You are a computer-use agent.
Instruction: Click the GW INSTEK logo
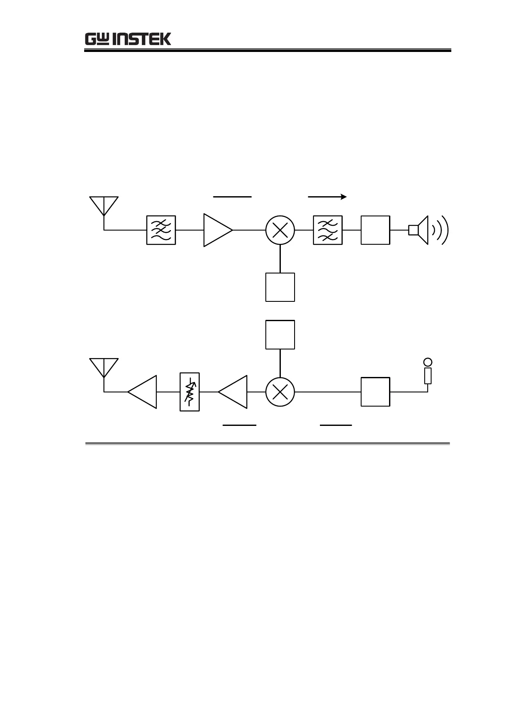(x=128, y=39)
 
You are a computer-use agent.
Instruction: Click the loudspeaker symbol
(x=419, y=230)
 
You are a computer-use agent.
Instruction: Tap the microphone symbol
(x=427, y=372)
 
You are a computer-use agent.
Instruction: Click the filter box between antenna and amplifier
(x=161, y=230)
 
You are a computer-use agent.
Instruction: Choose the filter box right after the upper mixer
(x=328, y=230)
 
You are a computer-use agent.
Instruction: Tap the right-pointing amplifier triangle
(x=217, y=230)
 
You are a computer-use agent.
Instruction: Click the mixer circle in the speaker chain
(x=280, y=230)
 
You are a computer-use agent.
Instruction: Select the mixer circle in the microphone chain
(x=280, y=392)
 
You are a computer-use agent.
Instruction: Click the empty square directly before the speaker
(x=375, y=230)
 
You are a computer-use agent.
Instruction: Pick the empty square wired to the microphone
(x=375, y=392)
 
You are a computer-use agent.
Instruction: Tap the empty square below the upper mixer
(x=280, y=287)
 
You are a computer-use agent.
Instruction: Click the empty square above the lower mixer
(x=280, y=334)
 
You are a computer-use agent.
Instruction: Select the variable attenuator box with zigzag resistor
(x=190, y=392)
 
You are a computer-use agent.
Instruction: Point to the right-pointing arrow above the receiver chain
(x=327, y=197)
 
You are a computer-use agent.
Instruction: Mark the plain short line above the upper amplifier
(x=232, y=197)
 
